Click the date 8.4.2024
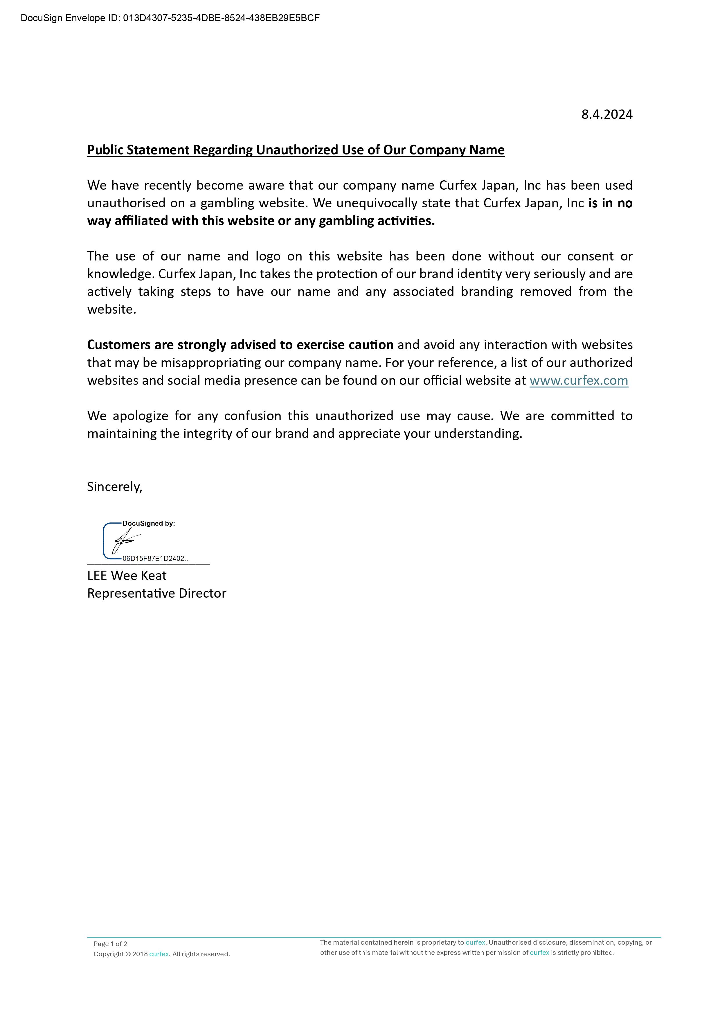tap(606, 114)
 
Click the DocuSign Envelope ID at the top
tap(170, 18)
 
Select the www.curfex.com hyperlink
tap(579, 380)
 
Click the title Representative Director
tap(156, 593)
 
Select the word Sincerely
tap(114, 487)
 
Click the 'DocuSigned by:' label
tap(149, 523)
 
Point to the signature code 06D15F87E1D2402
tap(155, 558)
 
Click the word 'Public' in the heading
tap(105, 150)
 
